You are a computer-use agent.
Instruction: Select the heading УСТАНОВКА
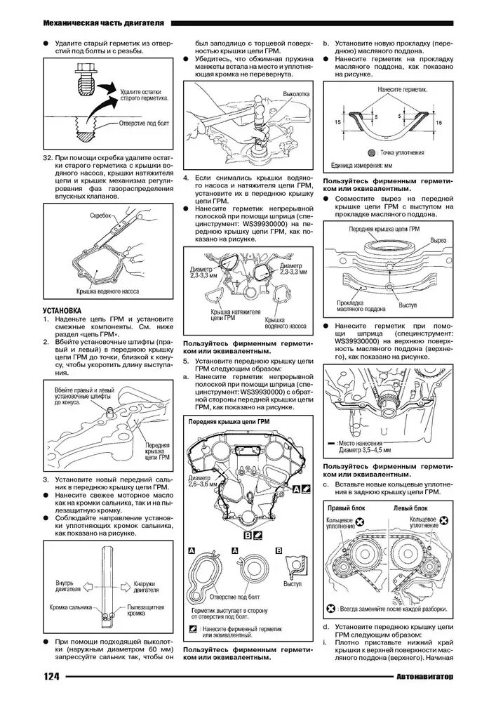pyautogui.click(x=62, y=310)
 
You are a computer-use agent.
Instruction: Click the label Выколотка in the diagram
pyautogui.click(x=295, y=93)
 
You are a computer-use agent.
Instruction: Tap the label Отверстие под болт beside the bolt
pyautogui.click(x=141, y=123)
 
